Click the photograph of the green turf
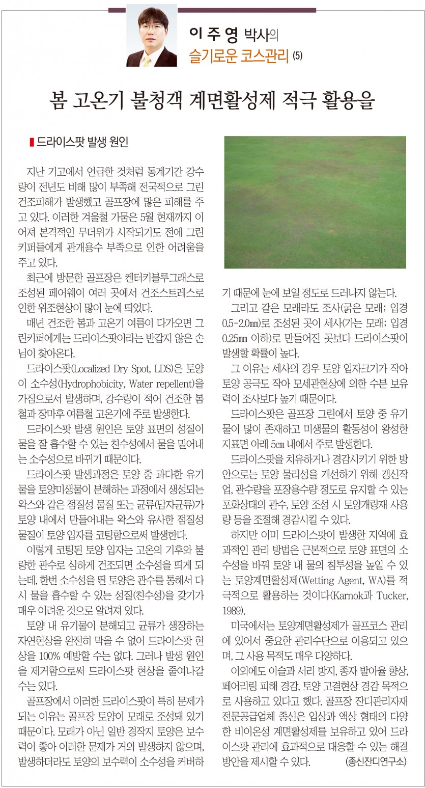[315, 202]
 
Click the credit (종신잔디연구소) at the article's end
[375, 762]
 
